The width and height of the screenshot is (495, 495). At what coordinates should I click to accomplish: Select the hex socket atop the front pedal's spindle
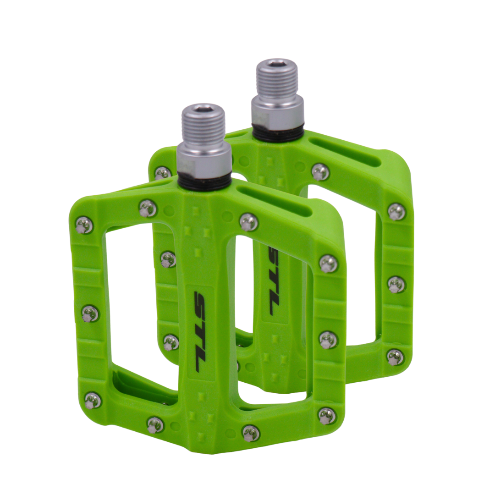click(203, 110)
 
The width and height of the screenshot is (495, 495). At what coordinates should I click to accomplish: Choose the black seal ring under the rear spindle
click(278, 133)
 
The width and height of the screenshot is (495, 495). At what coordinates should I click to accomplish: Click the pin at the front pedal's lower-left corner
click(93, 400)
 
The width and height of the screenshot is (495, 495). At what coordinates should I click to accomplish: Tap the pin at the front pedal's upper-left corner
click(84, 225)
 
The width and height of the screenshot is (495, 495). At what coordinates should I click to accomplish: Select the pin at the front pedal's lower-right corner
click(327, 415)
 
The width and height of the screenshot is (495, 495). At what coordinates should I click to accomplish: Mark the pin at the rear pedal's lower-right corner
click(395, 357)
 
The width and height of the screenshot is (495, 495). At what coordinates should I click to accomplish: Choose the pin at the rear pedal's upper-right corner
click(396, 211)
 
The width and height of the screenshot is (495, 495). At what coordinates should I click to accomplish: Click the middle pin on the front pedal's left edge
click(90, 313)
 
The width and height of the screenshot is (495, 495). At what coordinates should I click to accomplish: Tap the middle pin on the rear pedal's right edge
click(396, 285)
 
